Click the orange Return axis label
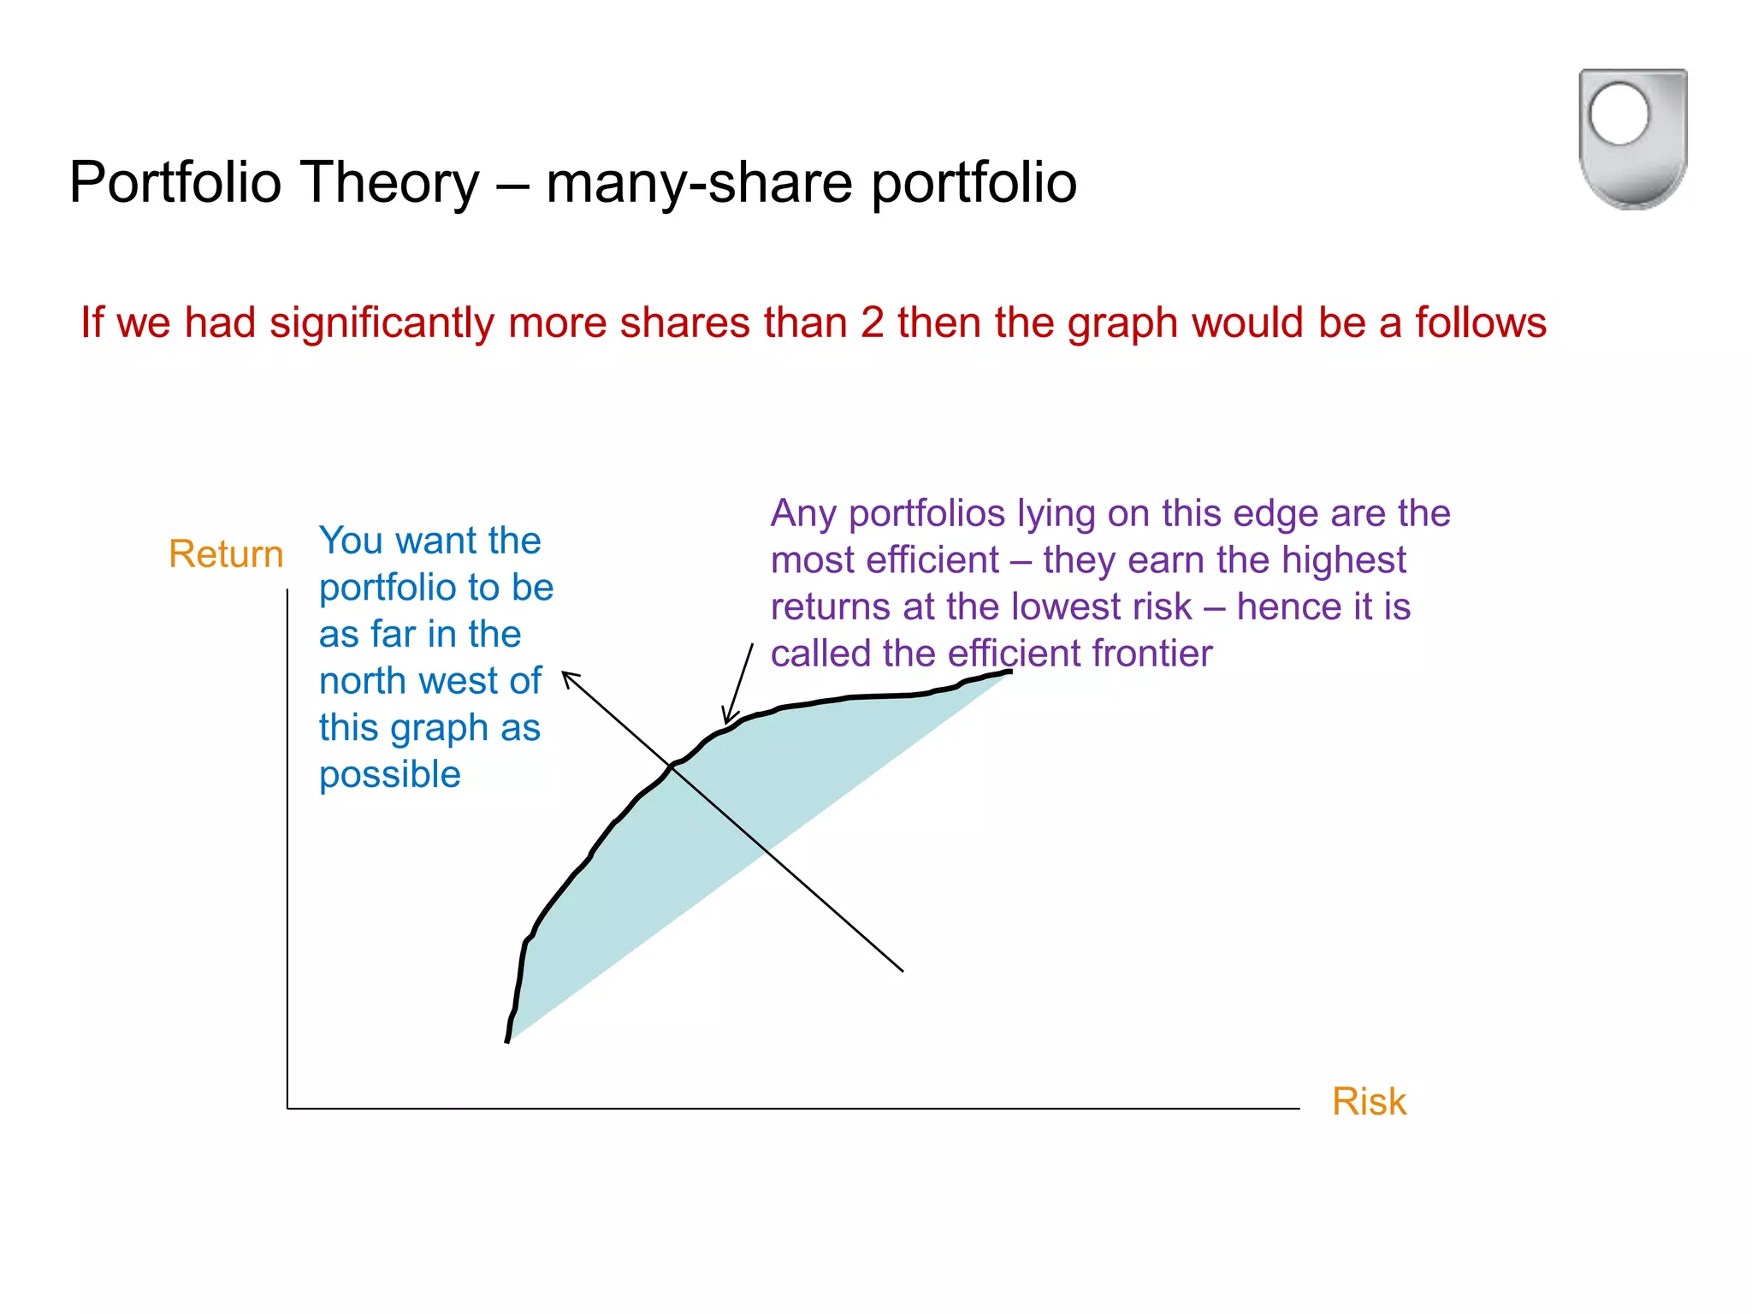(226, 554)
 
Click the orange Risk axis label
(1369, 1102)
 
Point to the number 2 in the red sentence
(872, 323)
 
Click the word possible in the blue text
(390, 775)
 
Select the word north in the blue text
(363, 681)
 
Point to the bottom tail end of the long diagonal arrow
(903, 971)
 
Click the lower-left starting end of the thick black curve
(507, 1040)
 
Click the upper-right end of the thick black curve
(1009, 672)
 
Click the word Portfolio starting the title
(175, 183)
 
